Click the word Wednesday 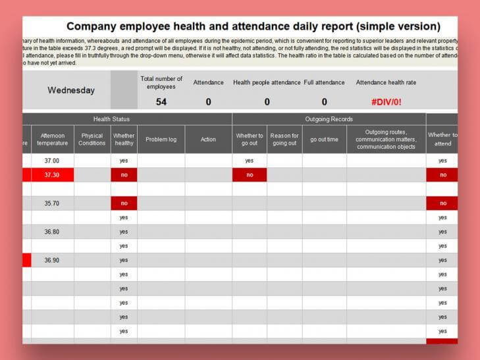click(x=71, y=91)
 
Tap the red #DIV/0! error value click(x=386, y=102)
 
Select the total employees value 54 click(x=161, y=102)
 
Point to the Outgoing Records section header click(x=329, y=119)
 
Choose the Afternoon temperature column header click(x=52, y=140)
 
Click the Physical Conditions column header click(x=92, y=140)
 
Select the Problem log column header click(x=161, y=140)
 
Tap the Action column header click(x=208, y=140)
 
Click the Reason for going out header click(x=284, y=140)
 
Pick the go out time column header click(x=324, y=140)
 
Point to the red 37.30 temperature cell click(x=52, y=175)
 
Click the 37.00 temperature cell click(x=52, y=161)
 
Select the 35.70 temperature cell click(x=52, y=203)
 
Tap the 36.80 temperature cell click(x=52, y=232)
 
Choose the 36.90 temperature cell click(x=52, y=260)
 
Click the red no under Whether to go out click(x=250, y=175)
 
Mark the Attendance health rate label click(x=386, y=83)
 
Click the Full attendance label click(x=324, y=83)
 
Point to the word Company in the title click(x=96, y=27)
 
